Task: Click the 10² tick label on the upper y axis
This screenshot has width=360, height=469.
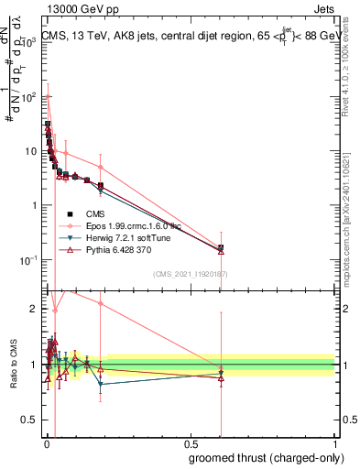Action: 28,96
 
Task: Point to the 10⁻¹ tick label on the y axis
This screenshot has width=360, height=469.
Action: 28,260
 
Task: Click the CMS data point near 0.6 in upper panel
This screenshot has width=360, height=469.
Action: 221,247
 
